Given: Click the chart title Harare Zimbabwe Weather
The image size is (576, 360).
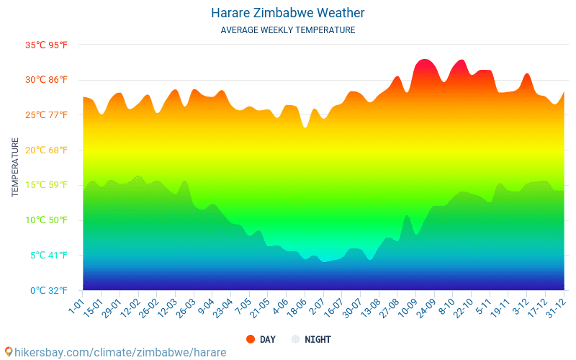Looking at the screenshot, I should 288,13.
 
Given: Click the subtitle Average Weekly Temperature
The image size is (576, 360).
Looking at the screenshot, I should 288,30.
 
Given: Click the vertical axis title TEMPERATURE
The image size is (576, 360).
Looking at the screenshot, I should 15,168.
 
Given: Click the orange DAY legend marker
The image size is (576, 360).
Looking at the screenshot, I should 251,339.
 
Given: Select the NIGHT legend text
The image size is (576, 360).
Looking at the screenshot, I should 318,339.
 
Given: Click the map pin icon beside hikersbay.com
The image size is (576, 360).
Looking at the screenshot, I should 9,352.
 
